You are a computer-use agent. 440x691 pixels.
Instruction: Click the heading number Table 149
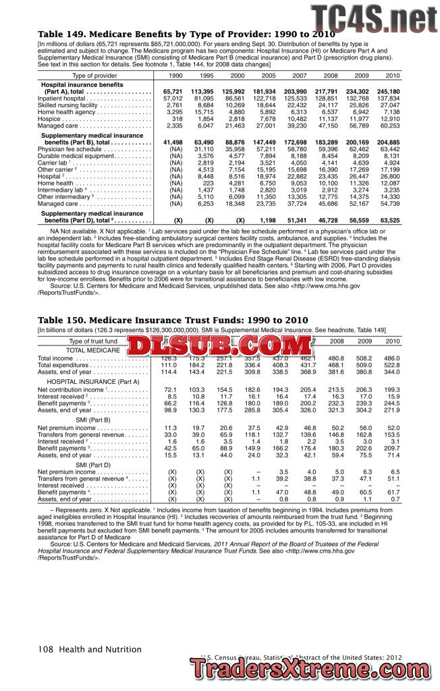click(x=64, y=34)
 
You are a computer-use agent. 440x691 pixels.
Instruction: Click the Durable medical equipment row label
click(x=75, y=155)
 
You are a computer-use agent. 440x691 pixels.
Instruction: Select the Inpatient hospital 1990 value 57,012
click(x=173, y=99)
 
